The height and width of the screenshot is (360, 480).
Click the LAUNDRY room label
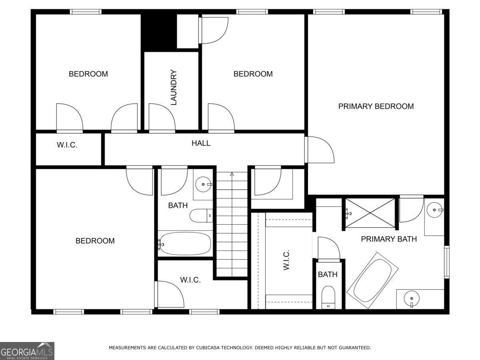173,88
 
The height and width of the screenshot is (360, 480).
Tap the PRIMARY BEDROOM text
376,106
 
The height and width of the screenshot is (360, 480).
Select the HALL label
201,143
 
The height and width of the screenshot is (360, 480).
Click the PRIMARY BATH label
389,239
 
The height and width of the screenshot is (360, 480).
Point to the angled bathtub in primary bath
372,280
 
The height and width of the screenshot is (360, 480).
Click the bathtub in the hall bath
185,244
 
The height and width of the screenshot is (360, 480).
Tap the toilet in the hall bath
201,216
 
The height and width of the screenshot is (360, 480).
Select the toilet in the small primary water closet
328,297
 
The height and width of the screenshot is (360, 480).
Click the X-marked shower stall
370,213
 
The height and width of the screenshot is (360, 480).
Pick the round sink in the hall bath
203,184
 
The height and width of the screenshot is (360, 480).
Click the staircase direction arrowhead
232,174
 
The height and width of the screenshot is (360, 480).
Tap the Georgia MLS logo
27,351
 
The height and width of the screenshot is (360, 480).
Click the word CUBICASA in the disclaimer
208,348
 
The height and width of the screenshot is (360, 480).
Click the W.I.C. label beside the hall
67,145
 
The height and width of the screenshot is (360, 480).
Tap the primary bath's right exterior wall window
447,262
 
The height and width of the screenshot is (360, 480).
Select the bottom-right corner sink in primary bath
412,299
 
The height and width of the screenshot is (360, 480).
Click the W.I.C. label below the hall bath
190,280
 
